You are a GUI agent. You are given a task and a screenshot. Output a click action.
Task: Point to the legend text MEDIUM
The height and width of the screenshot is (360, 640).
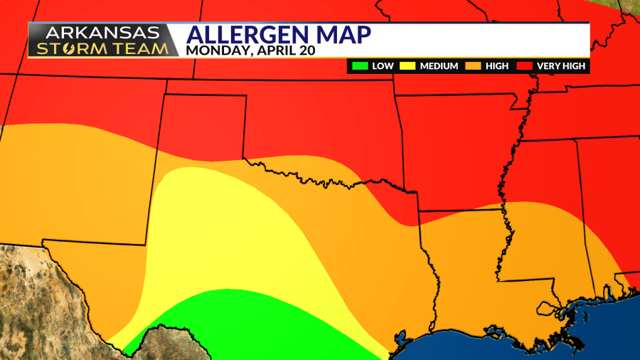tap(439, 66)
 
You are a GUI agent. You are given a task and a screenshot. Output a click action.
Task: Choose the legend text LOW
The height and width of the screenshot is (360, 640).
tap(383, 66)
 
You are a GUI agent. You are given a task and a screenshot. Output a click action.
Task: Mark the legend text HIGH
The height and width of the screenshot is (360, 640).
tap(497, 66)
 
